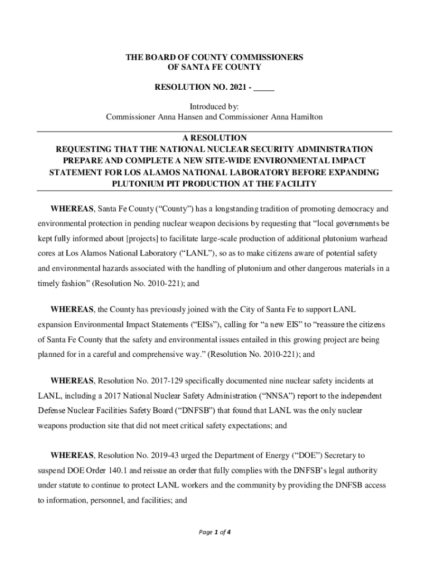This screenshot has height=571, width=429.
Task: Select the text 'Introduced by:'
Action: (x=214, y=107)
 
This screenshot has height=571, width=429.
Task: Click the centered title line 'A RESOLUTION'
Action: (x=214, y=138)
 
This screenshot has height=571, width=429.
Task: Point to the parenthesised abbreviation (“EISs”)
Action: (x=207, y=324)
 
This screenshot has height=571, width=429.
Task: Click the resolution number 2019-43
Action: (x=162, y=456)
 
